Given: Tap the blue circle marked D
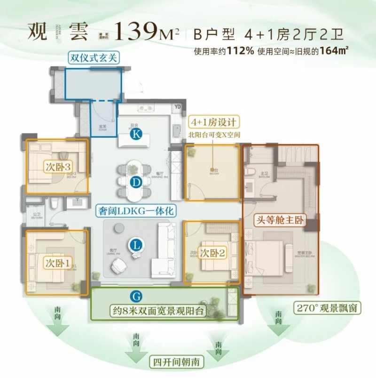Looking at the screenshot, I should click(136, 182).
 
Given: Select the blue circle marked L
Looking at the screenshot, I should click(136, 245).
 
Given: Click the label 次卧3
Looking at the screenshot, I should click(59, 167).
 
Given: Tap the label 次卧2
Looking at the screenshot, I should click(212, 253).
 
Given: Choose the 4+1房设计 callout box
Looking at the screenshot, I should click(213, 122).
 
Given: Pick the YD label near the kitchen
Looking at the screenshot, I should click(177, 107).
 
